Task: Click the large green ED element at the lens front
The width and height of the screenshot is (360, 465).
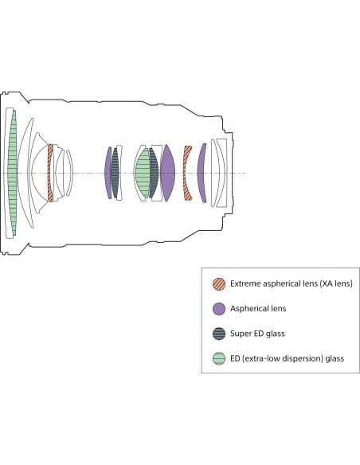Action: click(13, 173)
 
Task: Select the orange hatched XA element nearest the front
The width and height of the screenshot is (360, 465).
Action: click(50, 173)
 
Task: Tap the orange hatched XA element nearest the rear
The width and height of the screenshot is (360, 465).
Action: click(187, 173)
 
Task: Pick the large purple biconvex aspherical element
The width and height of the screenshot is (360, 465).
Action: click(167, 173)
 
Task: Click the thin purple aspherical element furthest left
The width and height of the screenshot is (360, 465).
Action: click(108, 173)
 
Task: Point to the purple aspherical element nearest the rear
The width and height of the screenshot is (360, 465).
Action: click(202, 173)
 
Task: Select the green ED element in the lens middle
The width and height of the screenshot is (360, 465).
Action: click(143, 173)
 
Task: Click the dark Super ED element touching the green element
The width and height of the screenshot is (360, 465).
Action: click(154, 173)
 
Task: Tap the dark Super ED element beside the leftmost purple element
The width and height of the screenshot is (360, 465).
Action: click(115, 173)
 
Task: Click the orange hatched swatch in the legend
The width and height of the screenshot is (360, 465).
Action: click(219, 283)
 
